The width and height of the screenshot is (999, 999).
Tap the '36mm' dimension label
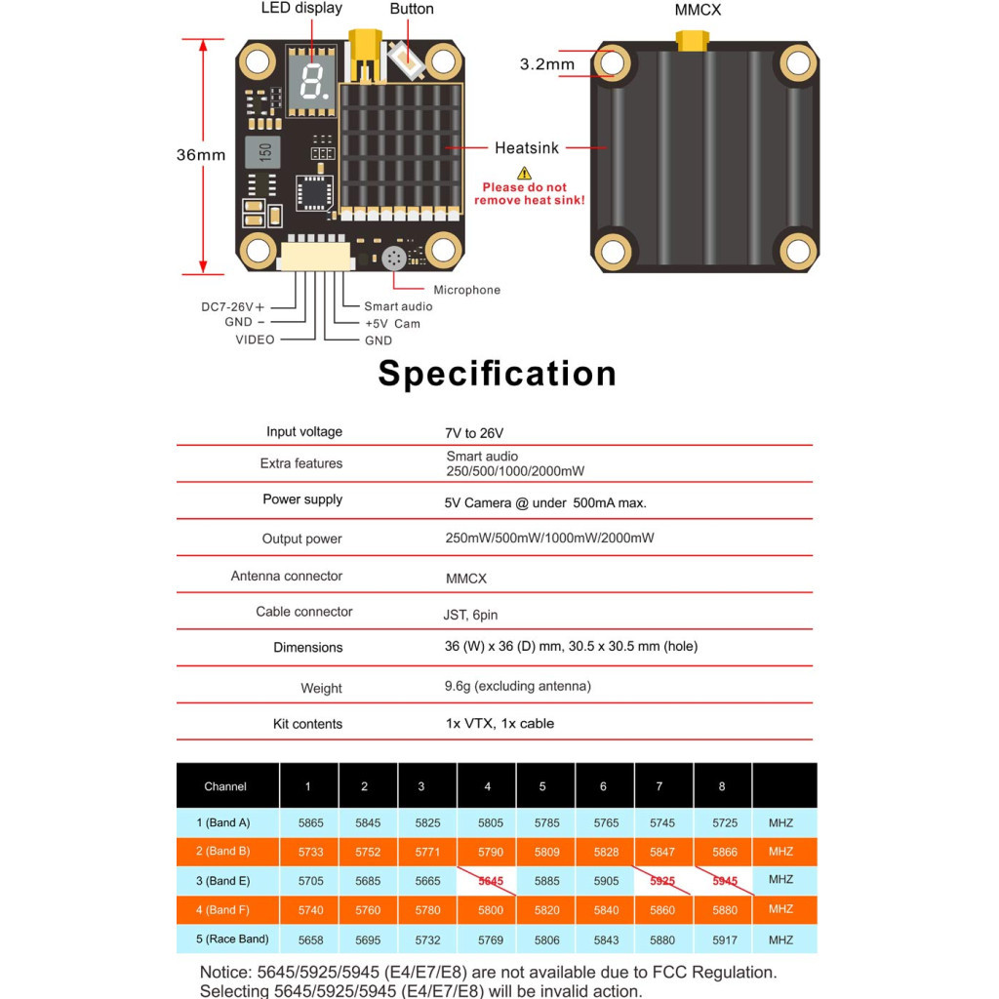[200, 154]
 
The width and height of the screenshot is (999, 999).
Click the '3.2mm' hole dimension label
[546, 65]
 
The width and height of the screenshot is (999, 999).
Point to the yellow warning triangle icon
[524, 172]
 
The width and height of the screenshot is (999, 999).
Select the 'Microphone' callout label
[466, 290]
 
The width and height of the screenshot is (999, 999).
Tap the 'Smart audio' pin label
[398, 306]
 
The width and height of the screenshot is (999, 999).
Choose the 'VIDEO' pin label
[255, 340]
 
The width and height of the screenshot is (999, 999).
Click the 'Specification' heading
[498, 374]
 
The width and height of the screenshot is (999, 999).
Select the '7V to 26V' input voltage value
[474, 432]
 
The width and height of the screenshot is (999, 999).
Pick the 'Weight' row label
[321, 688]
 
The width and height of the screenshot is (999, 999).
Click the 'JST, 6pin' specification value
[470, 616]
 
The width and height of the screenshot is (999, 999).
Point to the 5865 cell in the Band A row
[310, 823]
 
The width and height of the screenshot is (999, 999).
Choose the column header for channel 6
[603, 786]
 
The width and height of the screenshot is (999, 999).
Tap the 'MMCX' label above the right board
[698, 10]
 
